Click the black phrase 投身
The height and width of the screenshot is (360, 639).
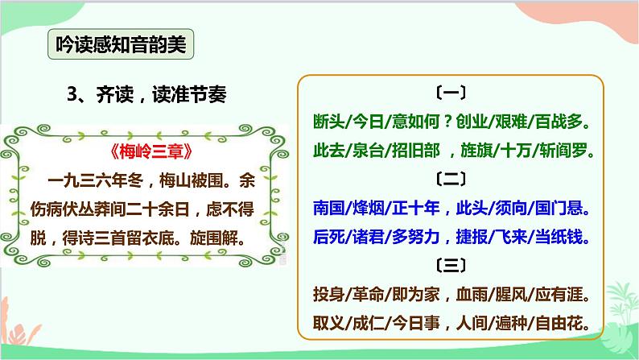pos(328,292)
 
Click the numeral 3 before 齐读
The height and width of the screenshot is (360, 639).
pos(73,94)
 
